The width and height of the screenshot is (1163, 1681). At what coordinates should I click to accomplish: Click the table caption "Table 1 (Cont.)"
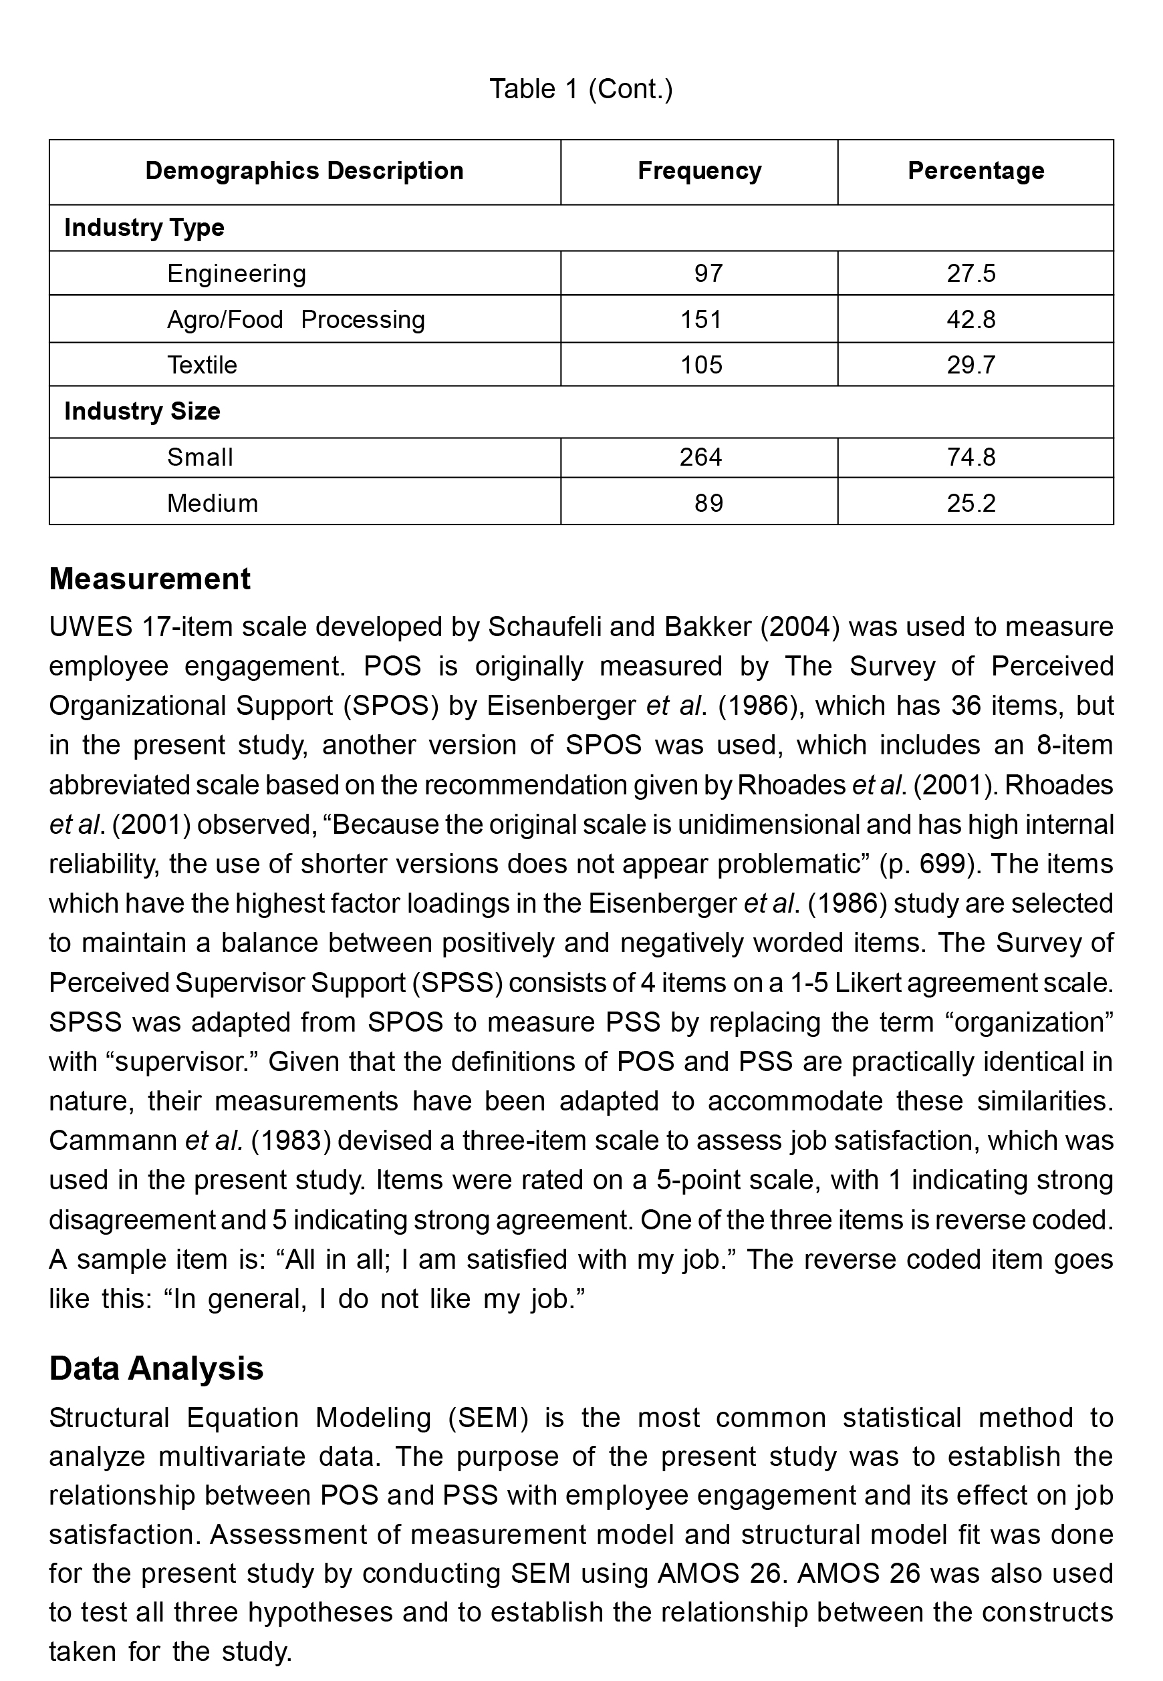pos(581,89)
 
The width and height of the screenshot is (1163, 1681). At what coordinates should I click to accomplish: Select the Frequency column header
pos(699,170)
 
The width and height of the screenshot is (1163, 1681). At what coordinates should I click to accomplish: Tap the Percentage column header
pos(975,170)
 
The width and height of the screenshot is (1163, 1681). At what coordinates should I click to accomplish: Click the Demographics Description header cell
pos(304,170)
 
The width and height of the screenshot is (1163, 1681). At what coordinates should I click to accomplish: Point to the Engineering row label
pos(236,273)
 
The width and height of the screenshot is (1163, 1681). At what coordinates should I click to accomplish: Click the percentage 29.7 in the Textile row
pos(971,364)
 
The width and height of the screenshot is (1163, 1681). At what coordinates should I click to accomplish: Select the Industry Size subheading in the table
pos(142,411)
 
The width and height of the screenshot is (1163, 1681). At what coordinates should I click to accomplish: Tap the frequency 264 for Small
pos(700,457)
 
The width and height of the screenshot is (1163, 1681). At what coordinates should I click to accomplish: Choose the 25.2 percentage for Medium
pos(971,502)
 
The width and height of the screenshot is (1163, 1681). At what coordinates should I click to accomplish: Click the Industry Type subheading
pos(144,227)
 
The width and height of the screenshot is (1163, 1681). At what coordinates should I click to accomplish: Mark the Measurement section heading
pos(149,579)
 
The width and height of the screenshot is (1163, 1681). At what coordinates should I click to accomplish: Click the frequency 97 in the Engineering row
pos(708,273)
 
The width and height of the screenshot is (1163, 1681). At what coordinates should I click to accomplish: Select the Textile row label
pos(202,364)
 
